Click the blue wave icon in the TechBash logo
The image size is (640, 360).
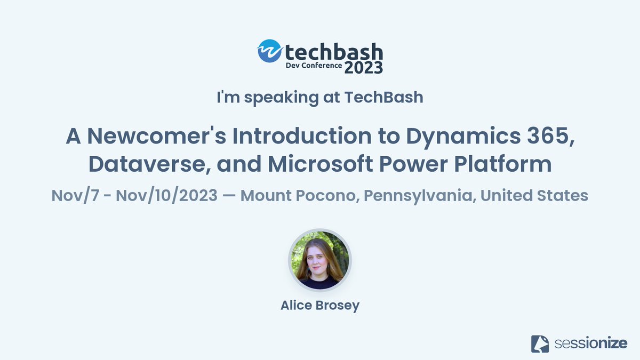click(x=269, y=51)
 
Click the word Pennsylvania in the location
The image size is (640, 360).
click(x=416, y=196)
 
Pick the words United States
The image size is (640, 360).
click(x=534, y=196)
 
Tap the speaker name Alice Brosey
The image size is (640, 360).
click(x=320, y=306)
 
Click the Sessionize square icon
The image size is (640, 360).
click(x=540, y=343)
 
